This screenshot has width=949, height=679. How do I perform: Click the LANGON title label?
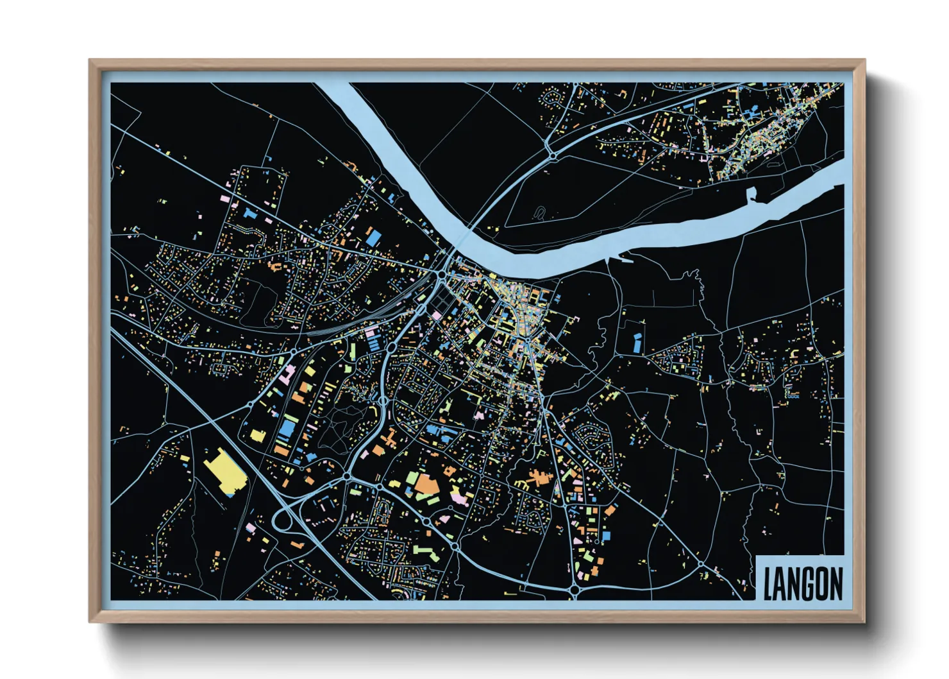(802, 583)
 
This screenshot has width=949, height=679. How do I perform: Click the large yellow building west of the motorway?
(223, 473)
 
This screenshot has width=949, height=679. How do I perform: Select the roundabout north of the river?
(551, 155)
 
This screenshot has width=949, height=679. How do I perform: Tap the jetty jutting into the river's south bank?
(625, 259)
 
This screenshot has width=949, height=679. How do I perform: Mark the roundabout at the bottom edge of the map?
(574, 589)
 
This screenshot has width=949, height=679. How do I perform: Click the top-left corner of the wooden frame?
(91, 62)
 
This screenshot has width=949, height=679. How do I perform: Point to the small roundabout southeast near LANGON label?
(701, 564)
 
